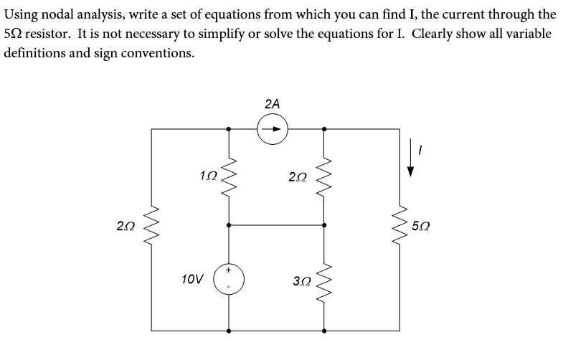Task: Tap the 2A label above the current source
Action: (273, 104)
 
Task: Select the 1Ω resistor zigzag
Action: (229, 176)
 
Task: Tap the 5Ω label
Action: (421, 227)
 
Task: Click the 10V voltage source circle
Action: (229, 278)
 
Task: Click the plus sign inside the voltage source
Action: (229, 270)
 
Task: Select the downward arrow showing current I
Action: (412, 164)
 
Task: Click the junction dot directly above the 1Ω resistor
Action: (229, 129)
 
